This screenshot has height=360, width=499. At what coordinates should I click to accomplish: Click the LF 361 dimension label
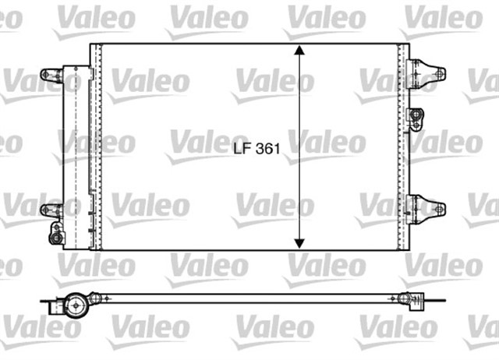tap(257, 146)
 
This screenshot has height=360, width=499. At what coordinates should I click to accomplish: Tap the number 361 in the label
tap(267, 146)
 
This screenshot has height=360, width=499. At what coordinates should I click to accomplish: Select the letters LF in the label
tap(242, 146)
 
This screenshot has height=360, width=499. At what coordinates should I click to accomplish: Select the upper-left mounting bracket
tap(52, 76)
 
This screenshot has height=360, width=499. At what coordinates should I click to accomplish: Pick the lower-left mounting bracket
tap(52, 210)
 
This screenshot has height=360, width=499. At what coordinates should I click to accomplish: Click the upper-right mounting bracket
tap(426, 74)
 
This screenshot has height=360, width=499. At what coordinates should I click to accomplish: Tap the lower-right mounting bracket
tap(426, 208)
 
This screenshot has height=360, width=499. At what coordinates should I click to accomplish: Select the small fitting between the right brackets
tap(416, 118)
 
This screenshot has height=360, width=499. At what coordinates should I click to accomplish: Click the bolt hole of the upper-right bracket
tap(441, 75)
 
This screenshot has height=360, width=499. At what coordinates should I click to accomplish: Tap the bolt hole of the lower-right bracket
tap(441, 209)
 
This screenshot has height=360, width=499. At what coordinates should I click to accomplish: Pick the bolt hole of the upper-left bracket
tap(44, 76)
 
